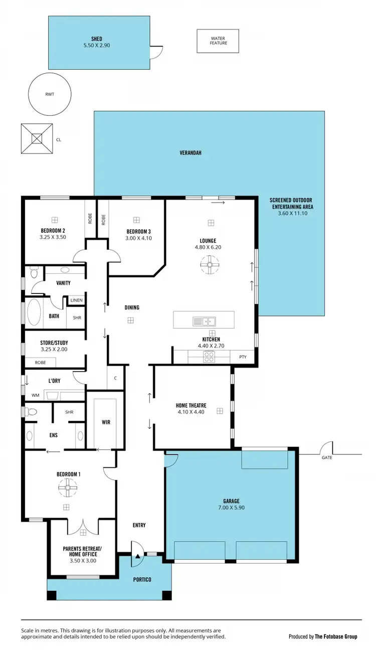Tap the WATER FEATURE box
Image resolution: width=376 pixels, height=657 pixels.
click(x=218, y=41)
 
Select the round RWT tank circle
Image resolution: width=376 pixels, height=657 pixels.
click(x=49, y=93)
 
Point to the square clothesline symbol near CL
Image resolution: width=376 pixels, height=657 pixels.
click(x=37, y=138)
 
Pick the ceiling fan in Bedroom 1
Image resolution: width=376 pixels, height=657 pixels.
click(x=66, y=486)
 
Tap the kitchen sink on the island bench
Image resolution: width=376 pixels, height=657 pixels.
click(x=205, y=321)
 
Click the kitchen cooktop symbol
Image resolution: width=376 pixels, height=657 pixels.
click(x=209, y=357)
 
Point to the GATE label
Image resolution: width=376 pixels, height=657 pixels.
click(x=327, y=457)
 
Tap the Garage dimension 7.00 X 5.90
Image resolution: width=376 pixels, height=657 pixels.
click(x=231, y=508)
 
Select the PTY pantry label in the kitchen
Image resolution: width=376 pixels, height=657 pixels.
click(x=243, y=357)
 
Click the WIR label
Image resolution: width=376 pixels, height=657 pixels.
click(x=106, y=422)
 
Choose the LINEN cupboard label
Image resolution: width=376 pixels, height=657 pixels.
click(x=76, y=300)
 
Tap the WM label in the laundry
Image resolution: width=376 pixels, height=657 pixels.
click(x=35, y=395)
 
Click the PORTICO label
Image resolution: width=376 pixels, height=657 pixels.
click(x=142, y=579)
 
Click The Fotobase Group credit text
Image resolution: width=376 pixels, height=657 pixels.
click(x=335, y=636)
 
